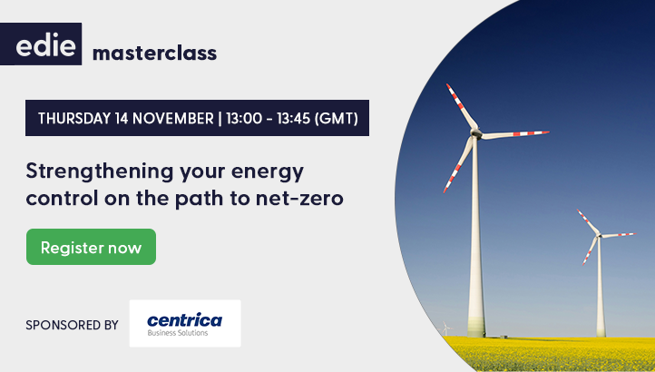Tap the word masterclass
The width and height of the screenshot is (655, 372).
(154, 53)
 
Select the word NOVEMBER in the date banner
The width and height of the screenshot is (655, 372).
(172, 118)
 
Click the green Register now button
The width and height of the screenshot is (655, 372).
(91, 247)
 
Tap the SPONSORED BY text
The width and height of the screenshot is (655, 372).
(73, 324)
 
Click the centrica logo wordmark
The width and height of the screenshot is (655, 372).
(184, 318)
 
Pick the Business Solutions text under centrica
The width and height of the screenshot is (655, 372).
(178, 333)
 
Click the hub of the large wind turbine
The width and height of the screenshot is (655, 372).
(474, 135)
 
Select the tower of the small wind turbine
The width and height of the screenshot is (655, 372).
(600, 290)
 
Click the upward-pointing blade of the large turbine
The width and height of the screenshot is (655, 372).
(461, 107)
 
